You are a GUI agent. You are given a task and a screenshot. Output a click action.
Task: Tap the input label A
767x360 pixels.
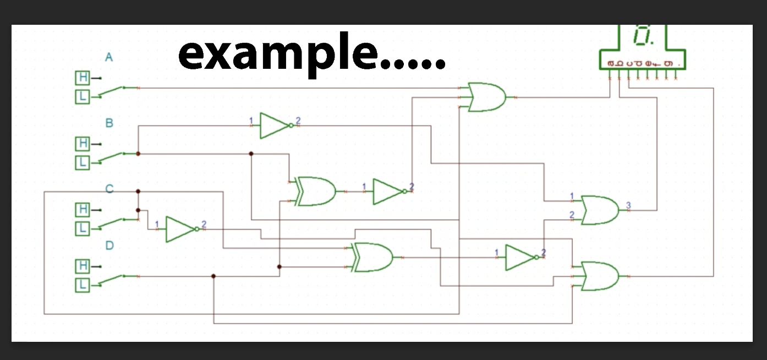109,57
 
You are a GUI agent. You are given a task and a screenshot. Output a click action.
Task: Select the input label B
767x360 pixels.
109,123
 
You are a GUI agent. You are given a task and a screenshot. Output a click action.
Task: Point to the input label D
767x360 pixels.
109,246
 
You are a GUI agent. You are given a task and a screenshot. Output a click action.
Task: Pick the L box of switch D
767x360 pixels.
83,285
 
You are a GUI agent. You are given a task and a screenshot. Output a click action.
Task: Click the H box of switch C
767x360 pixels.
83,210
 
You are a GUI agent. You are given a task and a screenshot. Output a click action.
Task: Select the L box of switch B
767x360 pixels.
83,163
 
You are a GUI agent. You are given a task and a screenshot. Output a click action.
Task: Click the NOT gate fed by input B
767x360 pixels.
274,126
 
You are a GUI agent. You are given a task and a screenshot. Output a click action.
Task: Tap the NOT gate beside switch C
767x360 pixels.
180,229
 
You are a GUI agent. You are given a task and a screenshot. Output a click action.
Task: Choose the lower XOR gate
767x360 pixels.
374,257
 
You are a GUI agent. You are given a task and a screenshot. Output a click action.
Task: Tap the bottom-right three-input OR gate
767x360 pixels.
600,276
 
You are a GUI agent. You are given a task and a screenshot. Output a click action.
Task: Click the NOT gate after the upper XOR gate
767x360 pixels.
388,192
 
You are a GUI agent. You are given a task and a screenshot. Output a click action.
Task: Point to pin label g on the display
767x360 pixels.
668,64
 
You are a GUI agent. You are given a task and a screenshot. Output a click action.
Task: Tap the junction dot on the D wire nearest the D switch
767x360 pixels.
213,276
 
